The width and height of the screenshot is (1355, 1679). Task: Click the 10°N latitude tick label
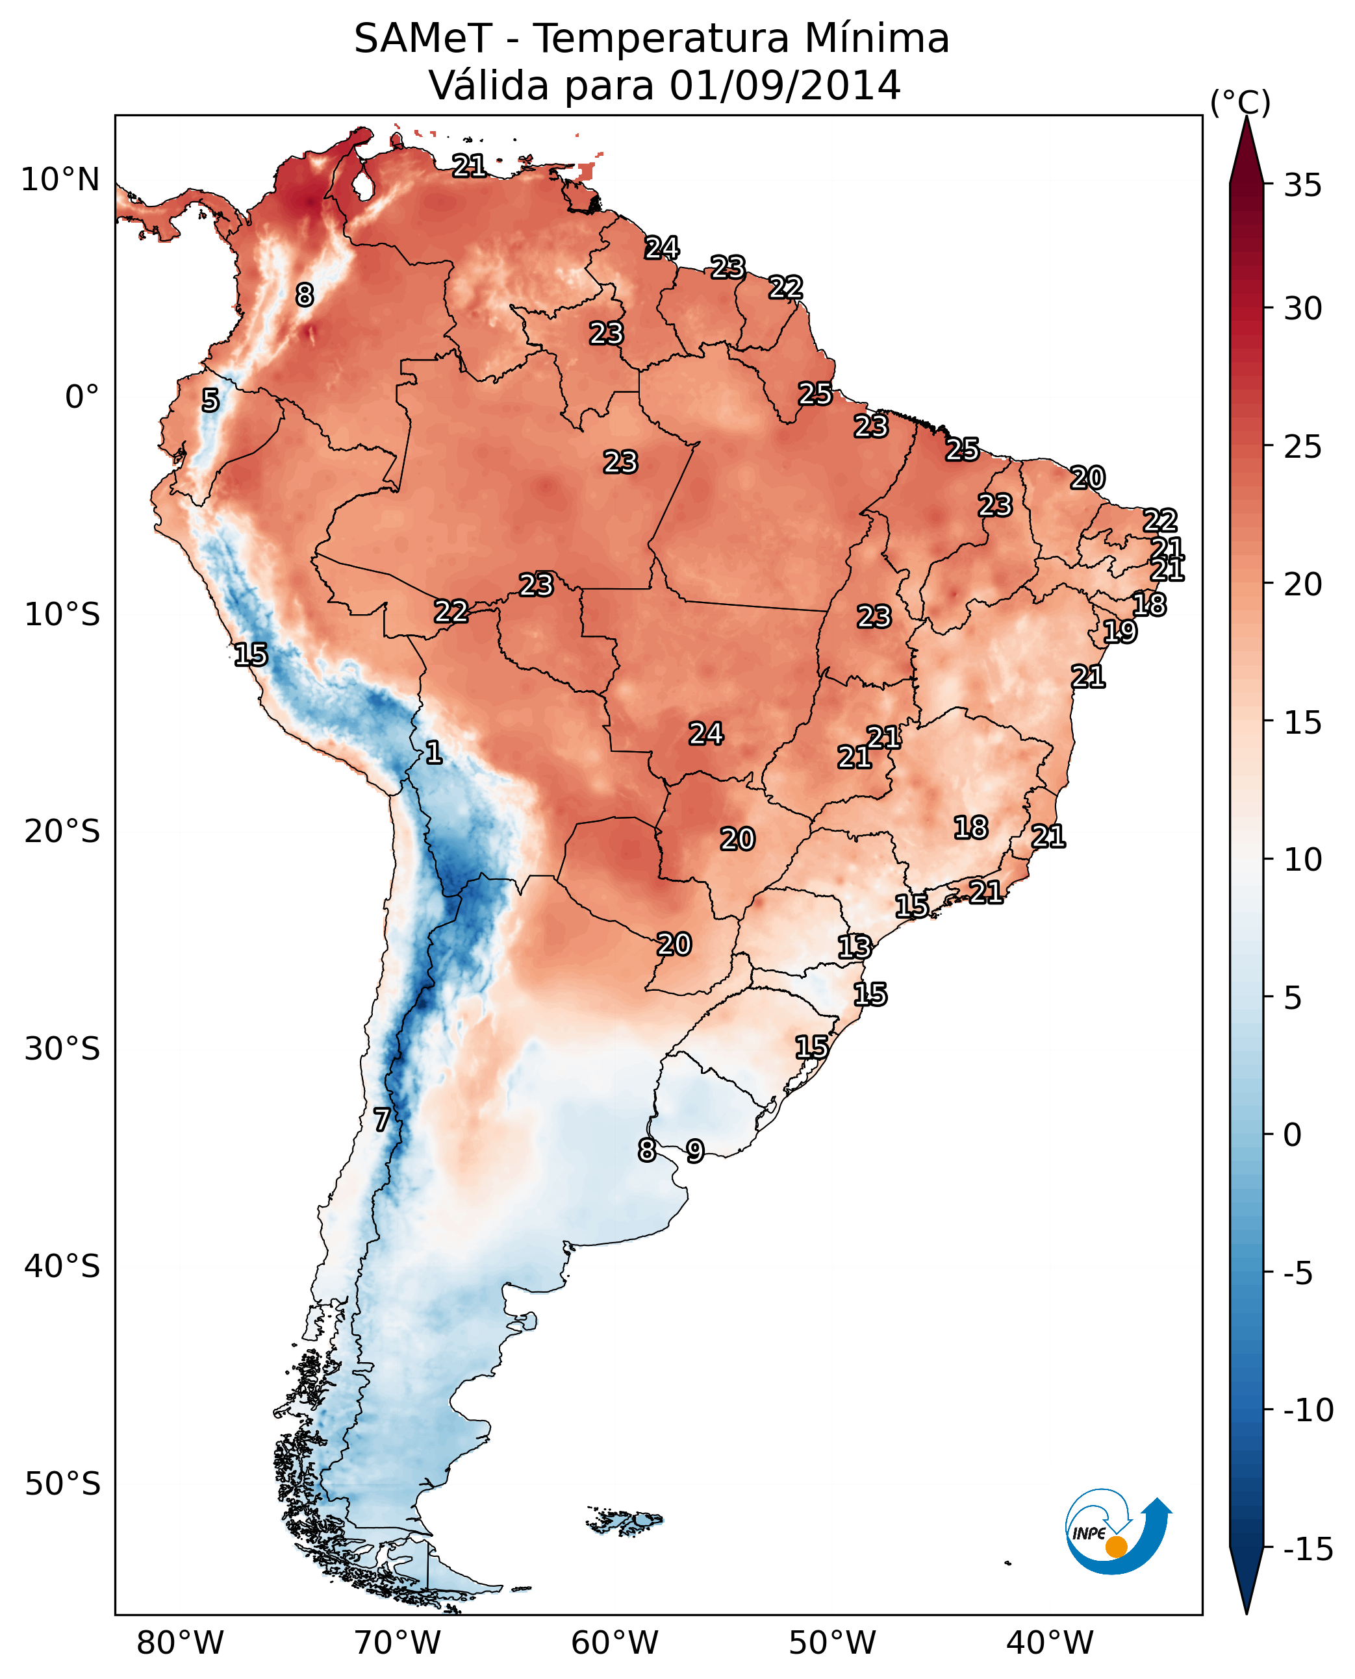[x=60, y=180]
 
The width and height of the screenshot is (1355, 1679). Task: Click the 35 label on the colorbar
[x=1302, y=186]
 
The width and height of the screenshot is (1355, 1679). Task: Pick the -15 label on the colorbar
[x=1308, y=1550]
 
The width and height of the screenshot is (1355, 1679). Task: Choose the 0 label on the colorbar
[x=1293, y=1135]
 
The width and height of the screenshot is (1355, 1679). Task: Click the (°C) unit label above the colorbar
[x=1240, y=102]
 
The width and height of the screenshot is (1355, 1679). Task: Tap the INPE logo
[x=1116, y=1532]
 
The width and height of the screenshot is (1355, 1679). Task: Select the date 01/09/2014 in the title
[x=785, y=85]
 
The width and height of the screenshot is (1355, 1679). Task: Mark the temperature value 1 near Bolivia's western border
[x=434, y=752]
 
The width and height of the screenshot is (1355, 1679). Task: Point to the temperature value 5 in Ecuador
[x=210, y=400]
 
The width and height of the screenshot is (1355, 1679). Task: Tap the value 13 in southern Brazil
[x=854, y=947]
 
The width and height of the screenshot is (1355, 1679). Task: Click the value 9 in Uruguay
[x=694, y=1150]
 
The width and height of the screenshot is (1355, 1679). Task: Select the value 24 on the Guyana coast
[x=662, y=248]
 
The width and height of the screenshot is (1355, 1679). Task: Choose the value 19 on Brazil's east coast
[x=1119, y=631]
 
